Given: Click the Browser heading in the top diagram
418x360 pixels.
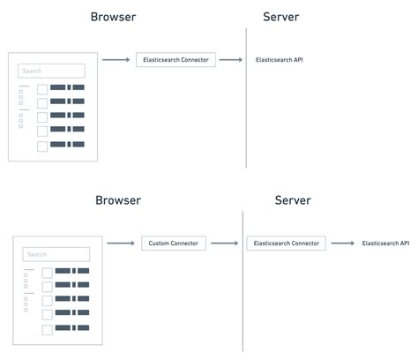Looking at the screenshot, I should (x=113, y=17).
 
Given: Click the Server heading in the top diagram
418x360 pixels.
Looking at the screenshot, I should (x=281, y=17).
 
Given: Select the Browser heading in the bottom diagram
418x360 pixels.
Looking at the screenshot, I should (x=118, y=200).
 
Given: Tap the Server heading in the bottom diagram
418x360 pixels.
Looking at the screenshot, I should (x=293, y=200).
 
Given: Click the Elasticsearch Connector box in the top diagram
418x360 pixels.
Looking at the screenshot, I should (x=176, y=59).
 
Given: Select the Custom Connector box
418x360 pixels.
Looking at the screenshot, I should (x=174, y=243).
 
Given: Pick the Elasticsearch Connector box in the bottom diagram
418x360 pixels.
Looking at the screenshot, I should (x=287, y=243).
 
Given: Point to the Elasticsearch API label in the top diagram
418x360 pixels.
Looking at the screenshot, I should (x=280, y=59).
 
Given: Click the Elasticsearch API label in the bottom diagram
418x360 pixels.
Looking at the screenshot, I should (x=385, y=243).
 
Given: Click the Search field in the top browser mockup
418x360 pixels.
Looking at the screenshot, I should (x=52, y=71).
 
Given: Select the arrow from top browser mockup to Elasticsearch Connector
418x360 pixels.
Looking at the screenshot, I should (x=116, y=59).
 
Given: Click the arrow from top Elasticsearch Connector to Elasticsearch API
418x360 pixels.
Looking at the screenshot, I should (x=230, y=59).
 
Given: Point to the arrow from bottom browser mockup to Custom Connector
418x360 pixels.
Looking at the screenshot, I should (x=121, y=243).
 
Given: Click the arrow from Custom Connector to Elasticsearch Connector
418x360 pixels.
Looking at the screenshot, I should (x=228, y=243).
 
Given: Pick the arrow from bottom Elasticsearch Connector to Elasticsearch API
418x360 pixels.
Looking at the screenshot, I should (x=342, y=243).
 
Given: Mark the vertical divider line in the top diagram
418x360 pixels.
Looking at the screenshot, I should (x=247, y=97).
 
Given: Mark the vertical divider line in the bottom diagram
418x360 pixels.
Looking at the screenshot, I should (x=243, y=282).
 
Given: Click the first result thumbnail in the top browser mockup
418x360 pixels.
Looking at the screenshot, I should (x=42, y=88).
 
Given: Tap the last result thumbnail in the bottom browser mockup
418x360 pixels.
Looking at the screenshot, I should (x=47, y=329).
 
